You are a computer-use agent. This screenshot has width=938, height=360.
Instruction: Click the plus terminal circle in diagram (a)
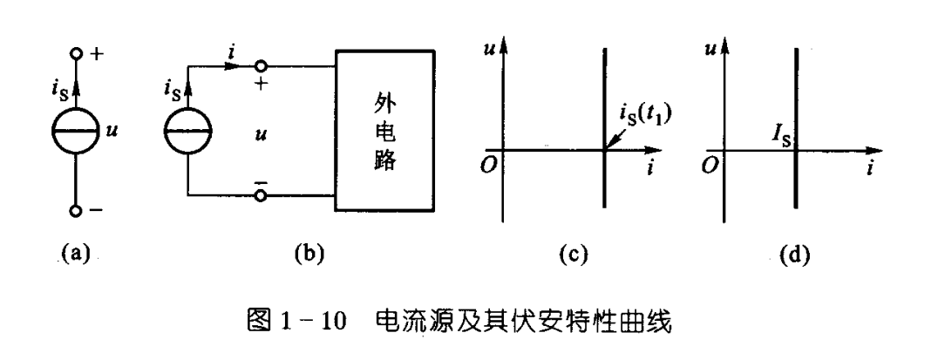coord(75,55)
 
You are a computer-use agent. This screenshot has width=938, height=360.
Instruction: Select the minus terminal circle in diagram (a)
coord(75,210)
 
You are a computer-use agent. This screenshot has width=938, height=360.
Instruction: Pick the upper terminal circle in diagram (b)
coord(259,65)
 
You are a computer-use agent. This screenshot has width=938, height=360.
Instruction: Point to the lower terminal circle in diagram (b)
coord(259,195)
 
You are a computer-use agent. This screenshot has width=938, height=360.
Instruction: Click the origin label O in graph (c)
coord(491,165)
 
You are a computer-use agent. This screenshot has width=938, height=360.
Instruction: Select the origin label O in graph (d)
coord(710,165)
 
